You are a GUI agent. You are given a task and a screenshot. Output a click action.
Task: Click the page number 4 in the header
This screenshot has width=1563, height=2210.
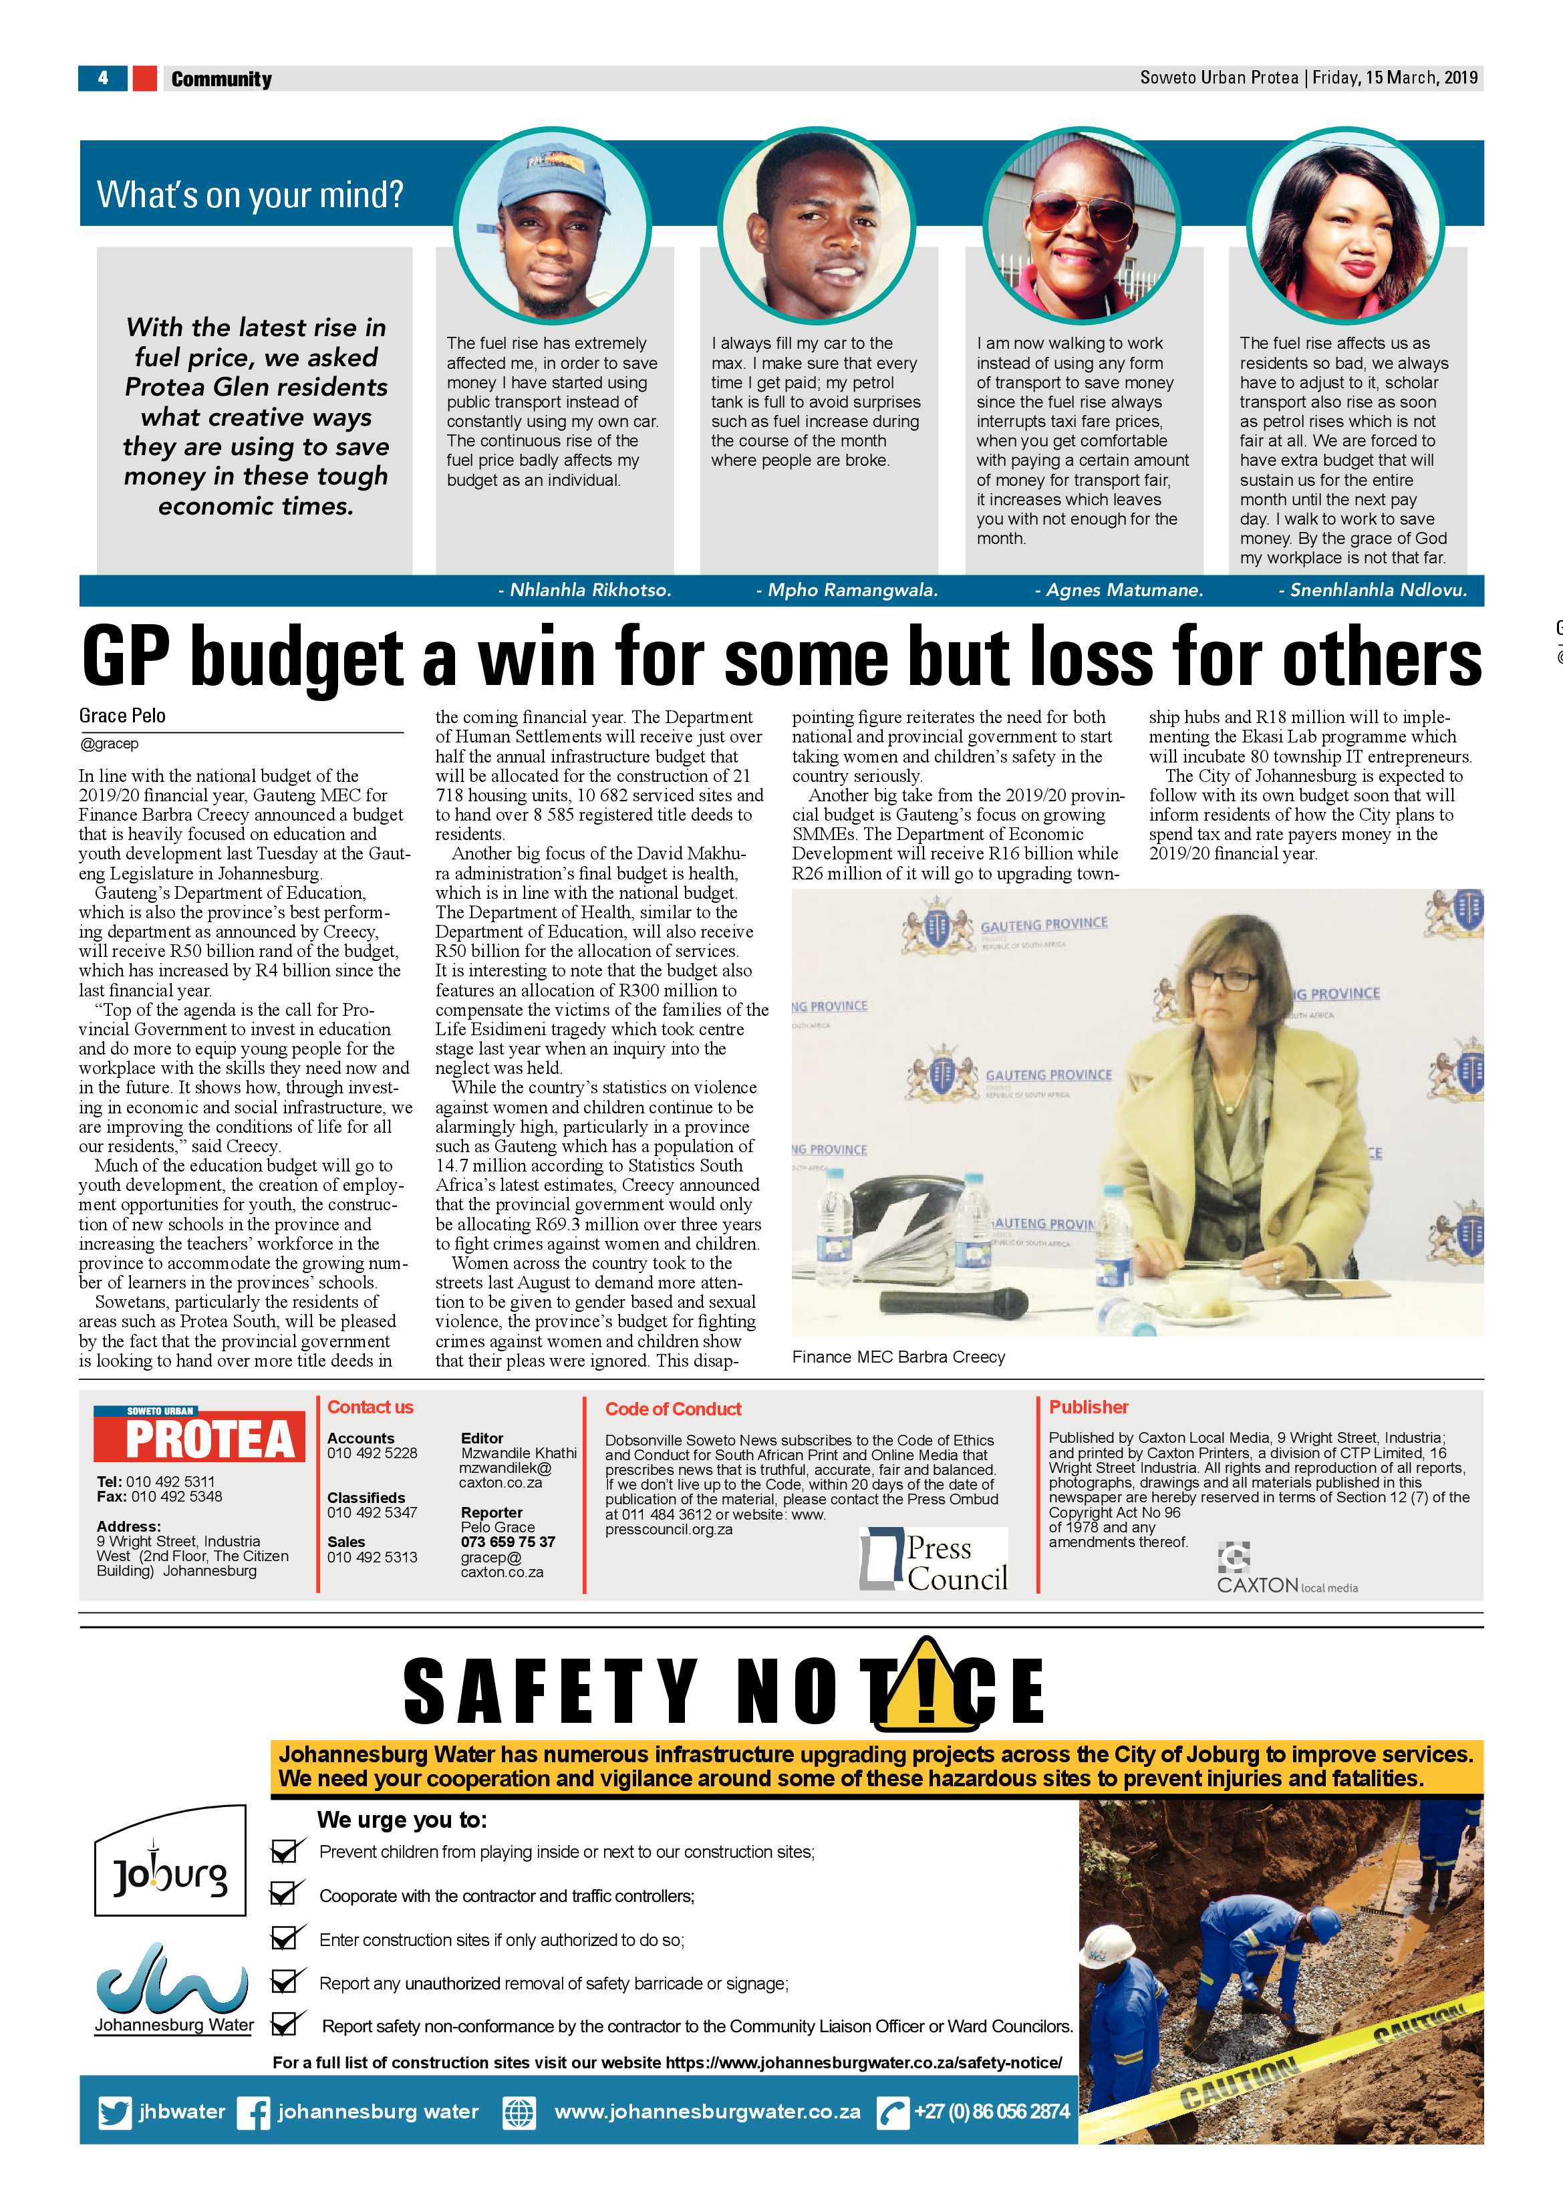tap(103, 78)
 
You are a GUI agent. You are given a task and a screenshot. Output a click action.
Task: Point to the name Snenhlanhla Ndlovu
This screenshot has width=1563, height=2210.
tap(1377, 590)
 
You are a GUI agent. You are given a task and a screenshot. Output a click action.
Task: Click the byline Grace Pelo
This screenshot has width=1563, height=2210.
tap(122, 715)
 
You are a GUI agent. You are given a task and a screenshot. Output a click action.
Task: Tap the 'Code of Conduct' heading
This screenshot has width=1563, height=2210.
tap(673, 1409)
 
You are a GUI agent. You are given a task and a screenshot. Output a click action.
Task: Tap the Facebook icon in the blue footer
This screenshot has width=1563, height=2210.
tap(254, 2113)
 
